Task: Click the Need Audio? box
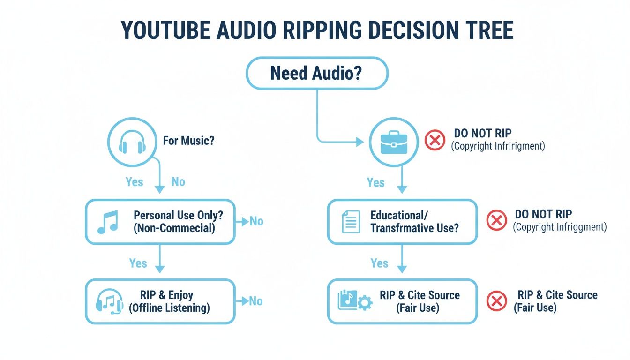[x=317, y=73]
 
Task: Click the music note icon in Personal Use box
[x=108, y=222]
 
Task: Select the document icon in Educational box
[x=351, y=222]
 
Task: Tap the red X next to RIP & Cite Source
[x=496, y=301]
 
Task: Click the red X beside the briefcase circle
[x=435, y=140]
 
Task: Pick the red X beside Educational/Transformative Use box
[x=496, y=220]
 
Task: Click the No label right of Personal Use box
[x=256, y=221]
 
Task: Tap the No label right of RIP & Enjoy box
[x=255, y=301]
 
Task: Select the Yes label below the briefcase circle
[x=375, y=183]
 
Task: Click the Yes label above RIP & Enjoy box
[x=138, y=263]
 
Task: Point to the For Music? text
[x=188, y=141]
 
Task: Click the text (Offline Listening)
[x=169, y=308]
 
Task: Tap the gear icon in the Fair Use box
[x=364, y=303]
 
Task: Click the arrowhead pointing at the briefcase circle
[x=360, y=141]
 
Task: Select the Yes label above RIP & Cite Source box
[x=379, y=263]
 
